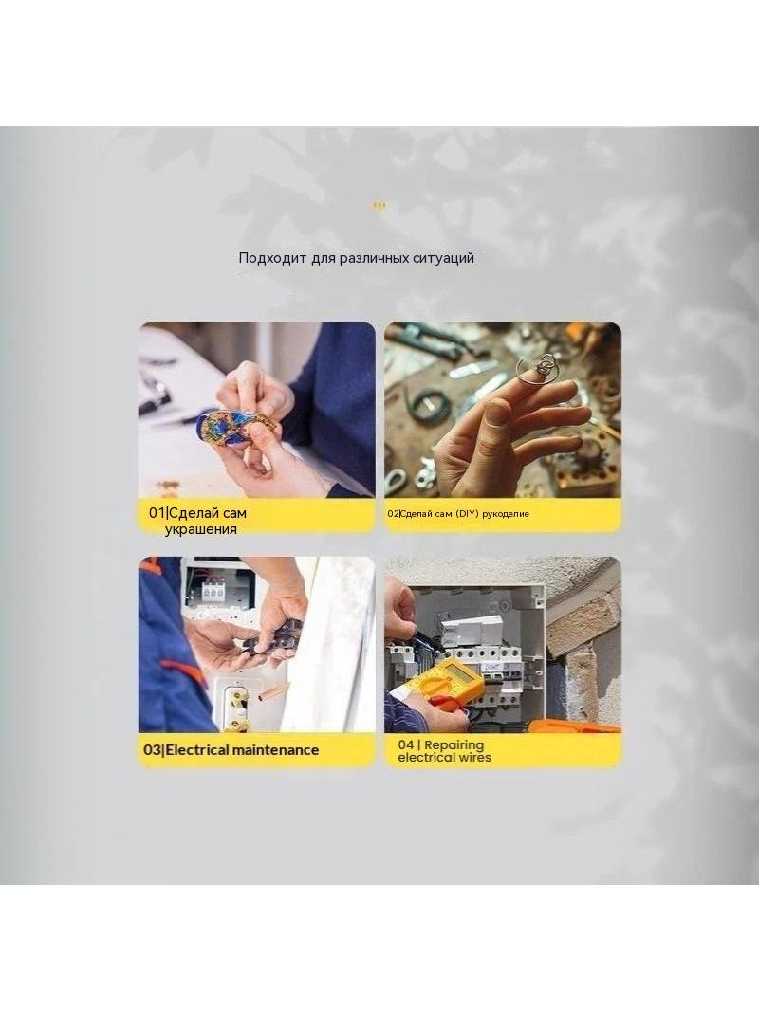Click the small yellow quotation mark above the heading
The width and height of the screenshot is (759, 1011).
(x=379, y=207)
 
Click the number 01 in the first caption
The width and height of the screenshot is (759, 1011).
(x=157, y=513)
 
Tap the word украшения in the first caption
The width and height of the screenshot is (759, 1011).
(x=200, y=529)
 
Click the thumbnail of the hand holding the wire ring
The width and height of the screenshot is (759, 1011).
(x=503, y=410)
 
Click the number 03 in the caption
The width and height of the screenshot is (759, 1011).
(x=152, y=750)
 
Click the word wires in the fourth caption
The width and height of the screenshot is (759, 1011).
(x=474, y=758)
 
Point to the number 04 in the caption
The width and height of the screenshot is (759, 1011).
(x=406, y=744)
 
